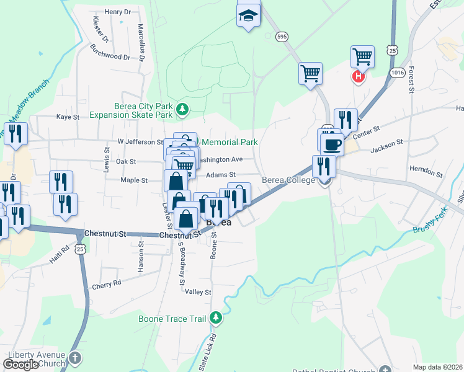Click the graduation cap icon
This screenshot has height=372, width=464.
[x=249, y=16]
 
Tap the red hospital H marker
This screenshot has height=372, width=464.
[x=358, y=76]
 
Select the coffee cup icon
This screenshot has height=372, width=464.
[x=332, y=144]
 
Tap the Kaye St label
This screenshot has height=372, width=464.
[x=68, y=117]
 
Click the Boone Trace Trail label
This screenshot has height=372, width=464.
[x=172, y=319]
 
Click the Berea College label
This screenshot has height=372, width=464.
[x=288, y=180]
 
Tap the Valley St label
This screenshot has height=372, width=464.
[x=199, y=292]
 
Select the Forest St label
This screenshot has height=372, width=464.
[x=411, y=81]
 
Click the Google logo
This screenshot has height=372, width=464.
[x=20, y=365]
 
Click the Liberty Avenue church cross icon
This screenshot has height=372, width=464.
[x=74, y=358]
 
